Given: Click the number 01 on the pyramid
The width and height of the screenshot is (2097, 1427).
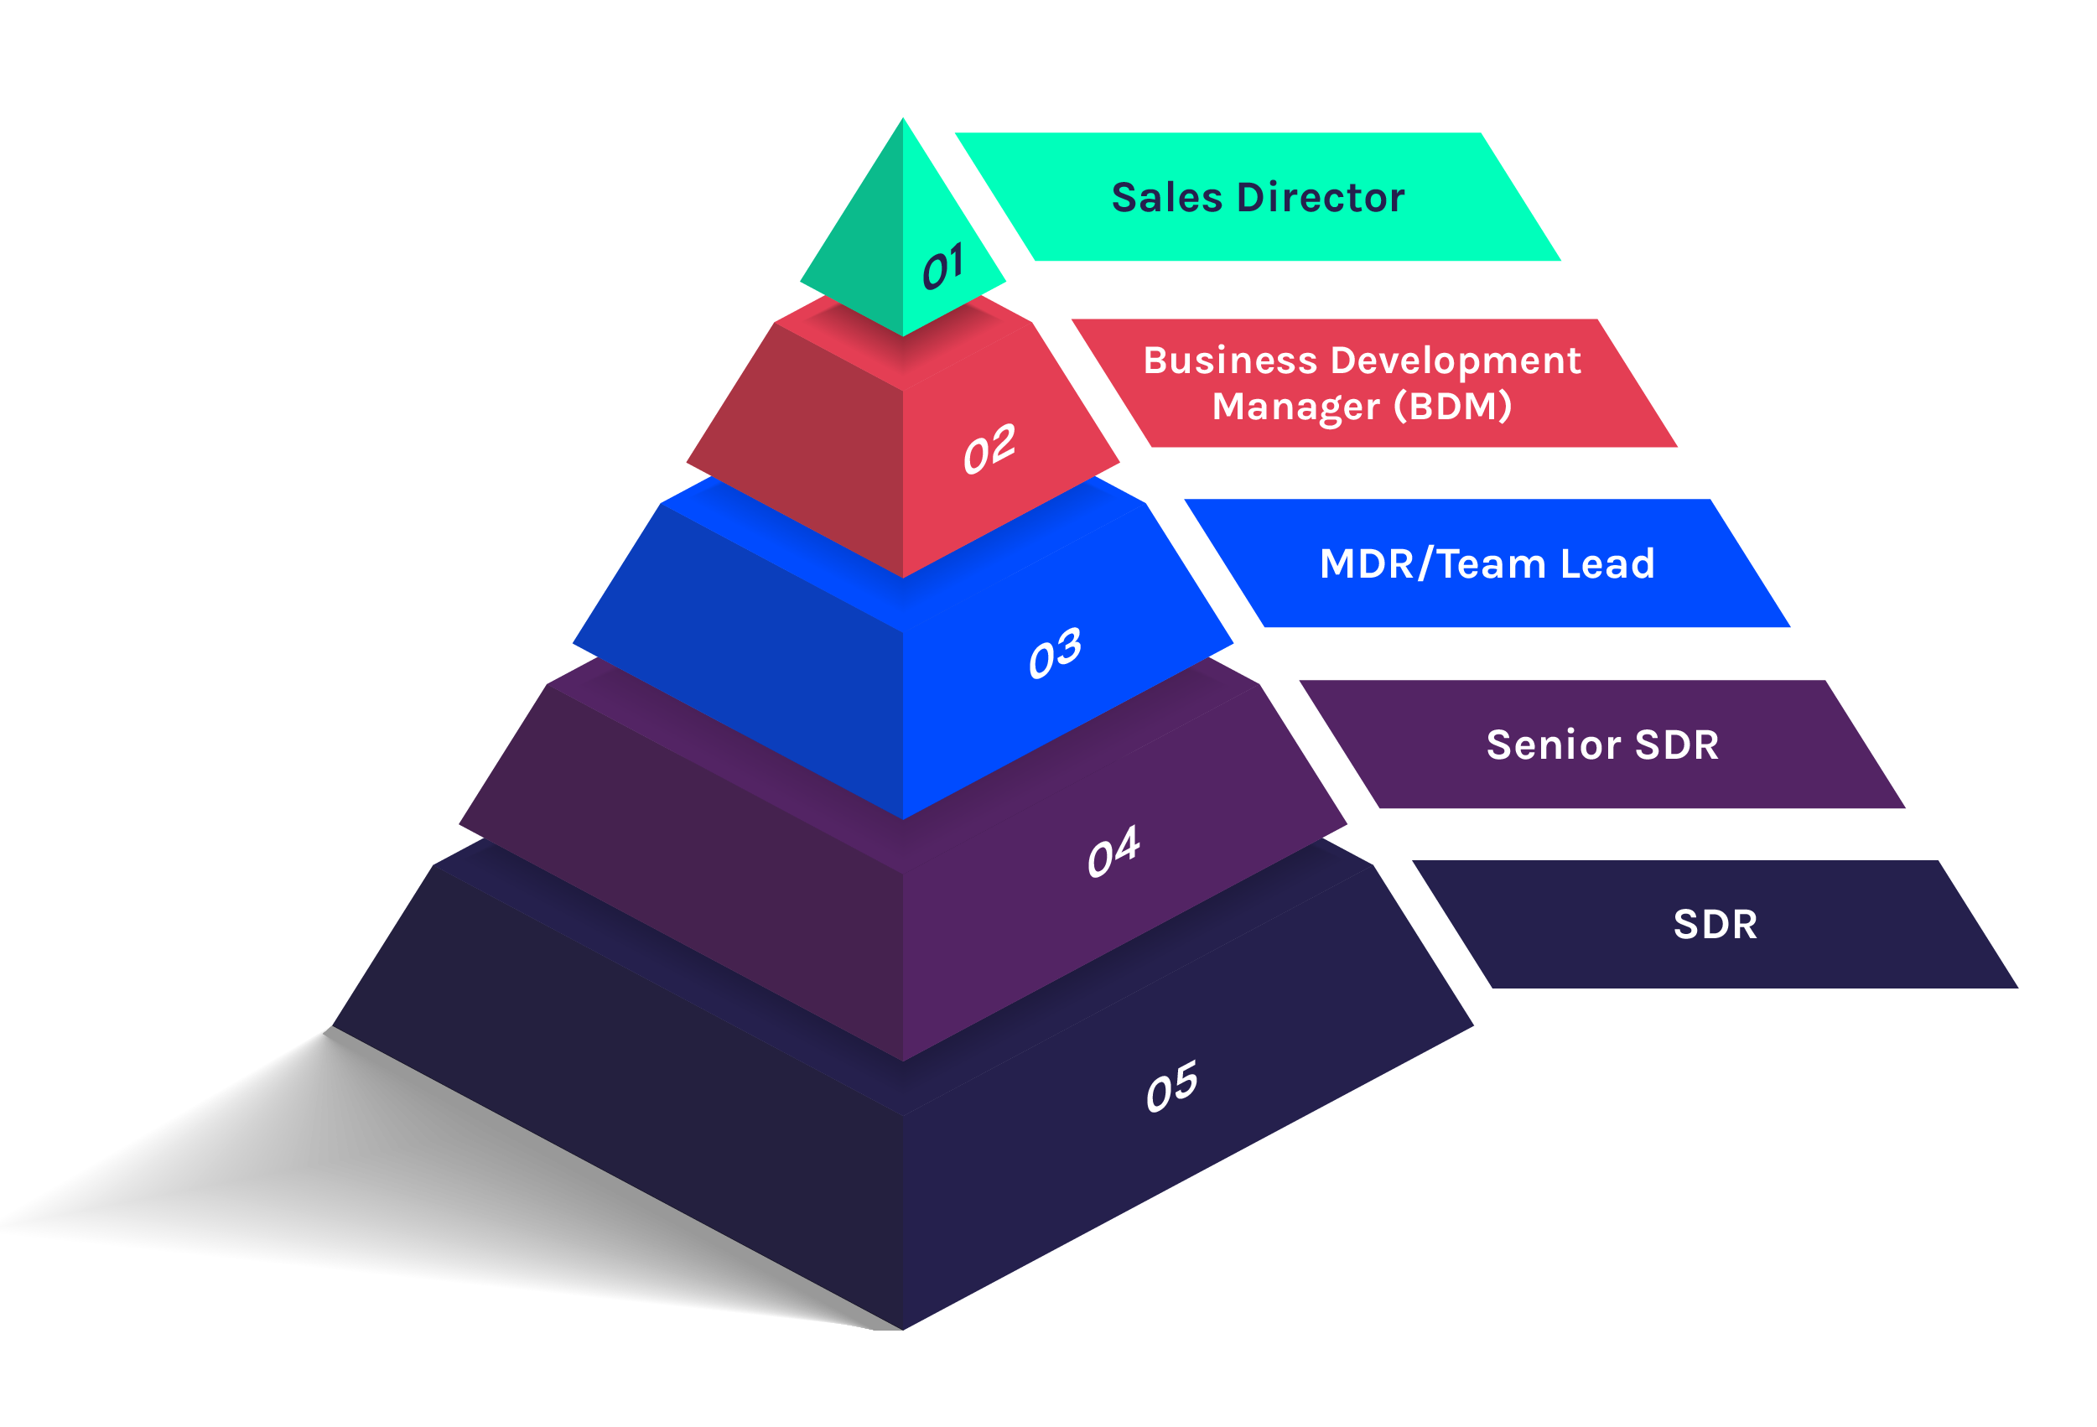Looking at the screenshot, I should click(x=943, y=267).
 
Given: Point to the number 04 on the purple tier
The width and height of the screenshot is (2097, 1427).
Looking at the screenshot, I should click(x=1113, y=851).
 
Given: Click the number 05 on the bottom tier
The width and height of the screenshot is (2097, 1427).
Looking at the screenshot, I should click(x=1171, y=1086).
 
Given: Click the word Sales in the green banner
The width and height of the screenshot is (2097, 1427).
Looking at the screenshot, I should click(x=1166, y=198).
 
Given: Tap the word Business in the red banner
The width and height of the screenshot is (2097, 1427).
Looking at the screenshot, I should click(x=1230, y=360).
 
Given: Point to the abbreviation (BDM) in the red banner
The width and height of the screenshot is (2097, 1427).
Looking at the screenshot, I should click(x=1453, y=406).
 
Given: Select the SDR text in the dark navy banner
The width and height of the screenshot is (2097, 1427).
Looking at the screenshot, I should click(x=1715, y=925).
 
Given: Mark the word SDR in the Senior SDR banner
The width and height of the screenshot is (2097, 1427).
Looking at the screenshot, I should click(x=1677, y=745).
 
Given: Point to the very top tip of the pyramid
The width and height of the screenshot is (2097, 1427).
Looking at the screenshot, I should click(x=902, y=121).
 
